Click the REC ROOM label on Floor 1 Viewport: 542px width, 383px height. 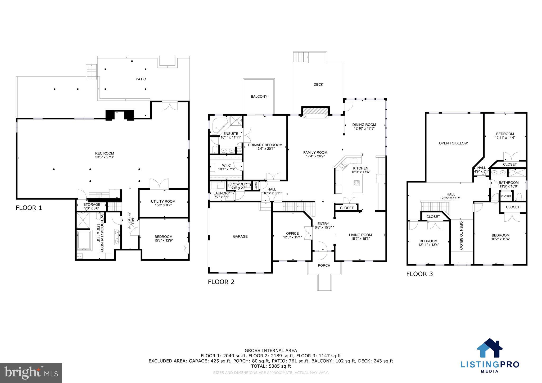(105, 153)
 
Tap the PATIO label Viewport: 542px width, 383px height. (141, 79)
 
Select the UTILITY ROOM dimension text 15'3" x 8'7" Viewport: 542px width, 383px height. (163, 205)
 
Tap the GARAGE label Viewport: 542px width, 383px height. (240, 236)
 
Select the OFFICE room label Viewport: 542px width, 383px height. (292, 234)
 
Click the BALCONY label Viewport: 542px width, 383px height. (259, 97)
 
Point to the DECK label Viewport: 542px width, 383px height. (318, 84)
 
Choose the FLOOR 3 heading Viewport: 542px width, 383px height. (419, 274)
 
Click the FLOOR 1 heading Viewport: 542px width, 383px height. (29, 208)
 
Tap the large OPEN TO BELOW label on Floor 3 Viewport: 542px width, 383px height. (453, 143)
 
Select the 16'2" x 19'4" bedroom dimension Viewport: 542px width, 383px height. (500, 239)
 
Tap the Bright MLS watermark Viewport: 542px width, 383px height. (31, 373)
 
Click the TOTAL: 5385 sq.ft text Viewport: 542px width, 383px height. (271, 366)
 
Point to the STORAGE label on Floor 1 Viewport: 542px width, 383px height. (92, 204)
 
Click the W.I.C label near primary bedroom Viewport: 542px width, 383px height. (226, 166)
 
